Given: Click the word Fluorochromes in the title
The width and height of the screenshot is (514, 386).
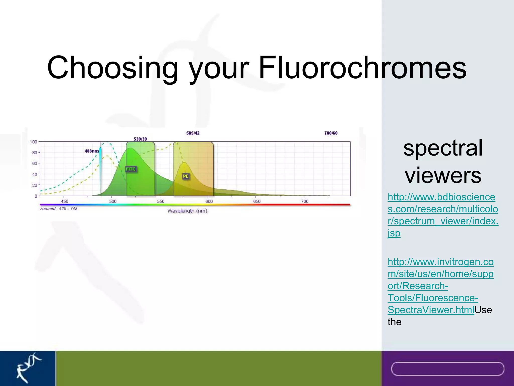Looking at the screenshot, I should click(362, 68).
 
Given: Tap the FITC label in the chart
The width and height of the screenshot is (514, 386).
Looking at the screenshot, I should click(131, 169).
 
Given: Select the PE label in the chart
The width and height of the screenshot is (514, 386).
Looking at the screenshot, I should click(185, 176).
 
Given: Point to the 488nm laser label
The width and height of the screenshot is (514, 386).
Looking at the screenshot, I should click(91, 151).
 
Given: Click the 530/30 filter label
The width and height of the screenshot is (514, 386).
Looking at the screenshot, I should click(140, 139).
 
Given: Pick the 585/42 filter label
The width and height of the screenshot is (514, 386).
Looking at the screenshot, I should click(193, 133).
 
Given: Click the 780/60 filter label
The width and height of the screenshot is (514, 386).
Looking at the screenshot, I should click(331, 133).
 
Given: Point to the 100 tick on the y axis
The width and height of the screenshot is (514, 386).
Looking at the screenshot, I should click(33, 142).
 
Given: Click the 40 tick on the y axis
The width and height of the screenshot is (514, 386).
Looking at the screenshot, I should click(34, 174).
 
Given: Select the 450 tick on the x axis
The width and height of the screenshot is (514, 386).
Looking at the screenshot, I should click(65, 201).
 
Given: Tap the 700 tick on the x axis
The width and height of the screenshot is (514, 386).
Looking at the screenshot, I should click(305, 201).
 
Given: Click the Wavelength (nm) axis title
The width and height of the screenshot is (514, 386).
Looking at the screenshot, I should click(187, 211).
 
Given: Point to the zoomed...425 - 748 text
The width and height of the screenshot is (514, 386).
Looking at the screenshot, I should click(59, 209).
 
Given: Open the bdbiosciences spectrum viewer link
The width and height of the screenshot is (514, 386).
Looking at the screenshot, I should click(442, 215).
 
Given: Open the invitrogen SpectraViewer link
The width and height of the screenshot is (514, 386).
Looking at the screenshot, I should click(440, 286).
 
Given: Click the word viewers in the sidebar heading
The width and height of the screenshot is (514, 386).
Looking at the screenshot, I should click(443, 175).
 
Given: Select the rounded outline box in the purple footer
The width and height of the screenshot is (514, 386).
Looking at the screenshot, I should click(447, 369).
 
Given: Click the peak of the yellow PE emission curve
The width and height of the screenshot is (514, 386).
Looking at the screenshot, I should click(184, 163).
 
